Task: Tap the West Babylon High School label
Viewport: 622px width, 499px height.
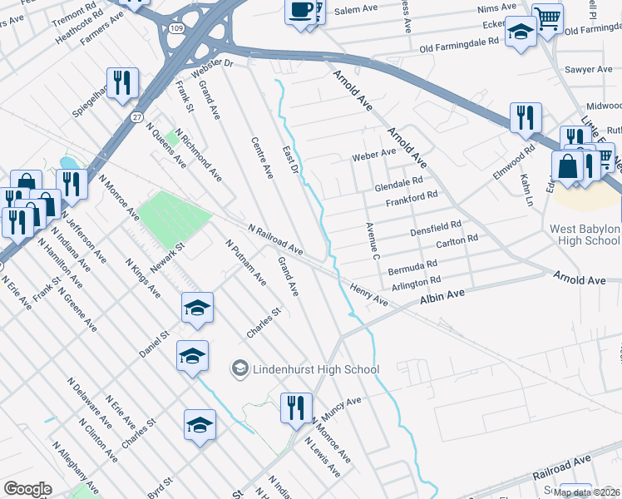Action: coord(585,235)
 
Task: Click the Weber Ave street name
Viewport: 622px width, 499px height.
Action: coord(373,154)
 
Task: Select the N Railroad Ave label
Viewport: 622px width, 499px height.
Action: coord(274,239)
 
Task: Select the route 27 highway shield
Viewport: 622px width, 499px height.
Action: coord(135,119)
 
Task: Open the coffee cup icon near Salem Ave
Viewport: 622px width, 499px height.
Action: coord(300,11)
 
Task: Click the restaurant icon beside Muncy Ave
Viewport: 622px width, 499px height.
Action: coord(296,408)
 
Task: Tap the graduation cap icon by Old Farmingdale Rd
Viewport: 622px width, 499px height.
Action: coord(521,32)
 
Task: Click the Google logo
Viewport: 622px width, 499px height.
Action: coord(27,489)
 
